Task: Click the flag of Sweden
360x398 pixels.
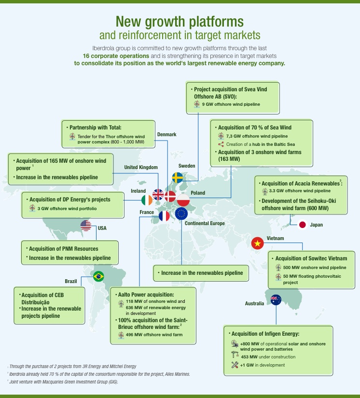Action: (x=178, y=178)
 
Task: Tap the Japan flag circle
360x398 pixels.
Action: (x=302, y=225)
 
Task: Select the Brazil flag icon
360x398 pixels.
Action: (x=98, y=276)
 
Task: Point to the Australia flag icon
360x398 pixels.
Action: (x=276, y=299)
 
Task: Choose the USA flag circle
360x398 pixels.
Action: (x=86, y=225)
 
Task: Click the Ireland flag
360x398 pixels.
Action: (x=147, y=199)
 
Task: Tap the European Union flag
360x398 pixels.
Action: (x=181, y=213)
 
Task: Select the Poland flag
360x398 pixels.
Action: (x=184, y=198)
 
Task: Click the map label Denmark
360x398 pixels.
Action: (x=167, y=134)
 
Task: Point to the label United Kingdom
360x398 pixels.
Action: (x=141, y=167)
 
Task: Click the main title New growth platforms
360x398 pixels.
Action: (x=180, y=22)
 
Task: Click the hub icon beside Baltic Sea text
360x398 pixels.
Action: (x=221, y=144)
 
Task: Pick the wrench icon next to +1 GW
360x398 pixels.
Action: (x=235, y=365)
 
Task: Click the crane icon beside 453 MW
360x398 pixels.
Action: (x=235, y=356)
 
